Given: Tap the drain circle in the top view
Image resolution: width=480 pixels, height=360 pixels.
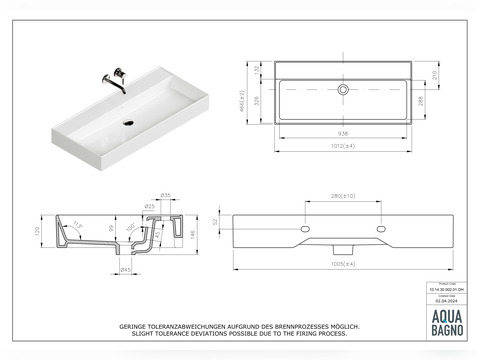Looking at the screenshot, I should pos(342,89).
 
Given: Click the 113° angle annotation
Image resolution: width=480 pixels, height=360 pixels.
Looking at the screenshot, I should pos(74,224).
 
